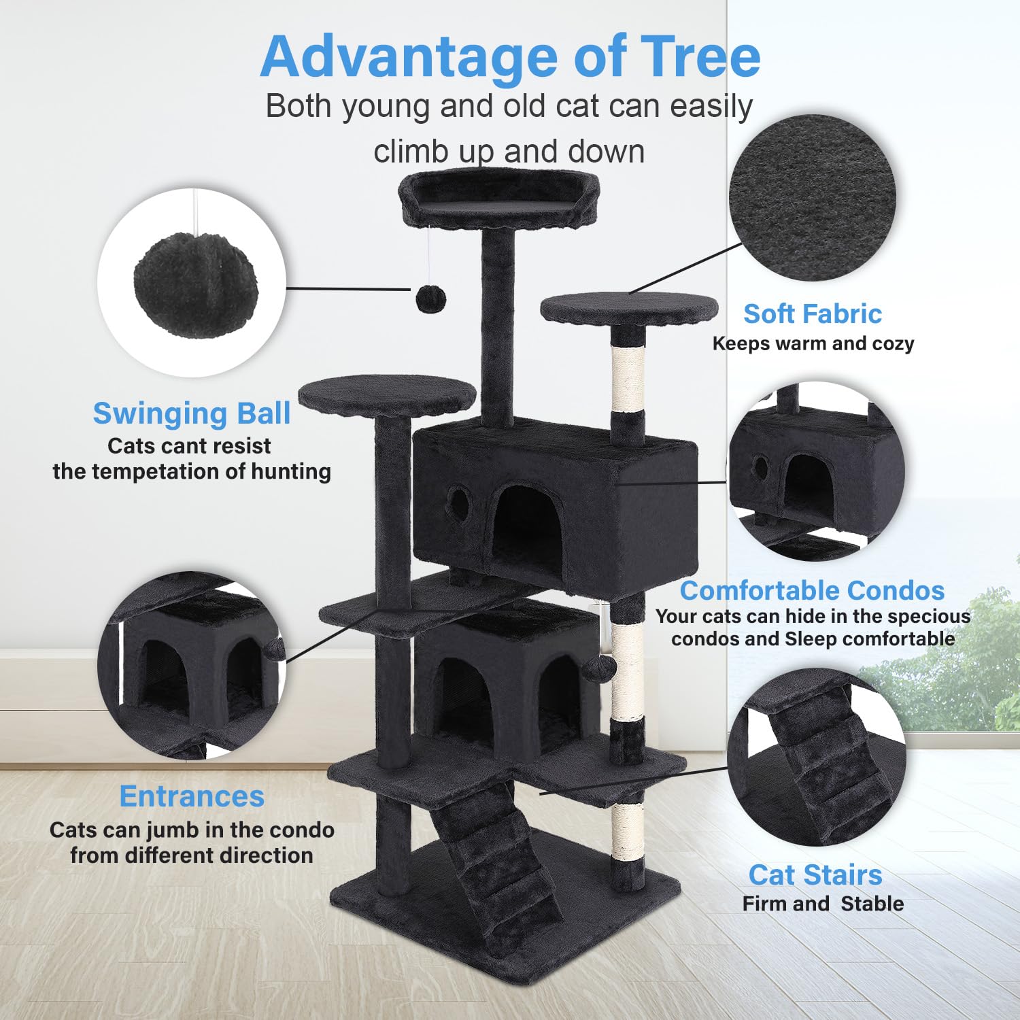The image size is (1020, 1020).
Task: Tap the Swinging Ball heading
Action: pyautogui.click(x=192, y=413)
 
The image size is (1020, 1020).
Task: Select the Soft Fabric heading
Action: pyautogui.click(x=812, y=314)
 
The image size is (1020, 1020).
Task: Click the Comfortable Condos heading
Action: pyautogui.click(x=812, y=590)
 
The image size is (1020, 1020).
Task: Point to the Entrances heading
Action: pyautogui.click(x=192, y=796)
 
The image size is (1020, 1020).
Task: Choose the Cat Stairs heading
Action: pyautogui.click(x=815, y=875)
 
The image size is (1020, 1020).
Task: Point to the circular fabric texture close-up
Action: pyautogui.click(x=812, y=197)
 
